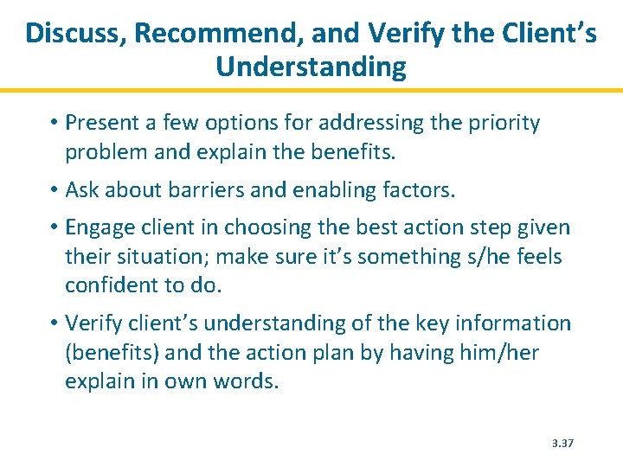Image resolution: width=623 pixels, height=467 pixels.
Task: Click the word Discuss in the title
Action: (x=74, y=34)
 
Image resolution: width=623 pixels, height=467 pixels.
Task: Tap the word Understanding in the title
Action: (x=311, y=67)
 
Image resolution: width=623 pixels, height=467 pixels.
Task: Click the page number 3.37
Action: (x=563, y=444)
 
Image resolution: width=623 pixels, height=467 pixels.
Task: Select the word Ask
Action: (x=82, y=190)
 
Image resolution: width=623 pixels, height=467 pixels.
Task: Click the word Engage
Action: (x=100, y=227)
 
